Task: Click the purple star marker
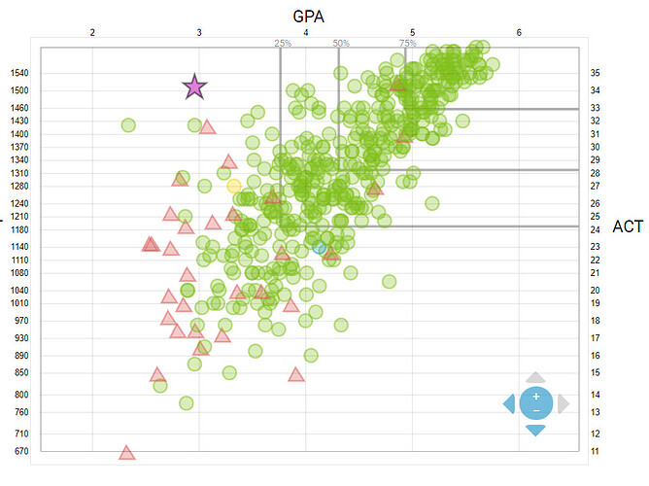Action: click(194, 87)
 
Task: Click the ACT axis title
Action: click(628, 227)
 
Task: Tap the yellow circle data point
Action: click(233, 186)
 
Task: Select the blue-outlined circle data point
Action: click(320, 247)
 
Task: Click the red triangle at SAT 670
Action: click(126, 452)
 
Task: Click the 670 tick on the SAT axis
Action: click(21, 451)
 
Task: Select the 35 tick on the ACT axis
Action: click(595, 73)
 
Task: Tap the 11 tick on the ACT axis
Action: click(595, 451)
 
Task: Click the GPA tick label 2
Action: click(92, 33)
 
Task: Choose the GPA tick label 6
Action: click(519, 33)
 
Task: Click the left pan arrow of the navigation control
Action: click(508, 403)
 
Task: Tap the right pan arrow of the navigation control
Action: click(564, 403)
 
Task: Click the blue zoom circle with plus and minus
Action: click(535, 402)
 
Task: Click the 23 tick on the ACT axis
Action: click(595, 246)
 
